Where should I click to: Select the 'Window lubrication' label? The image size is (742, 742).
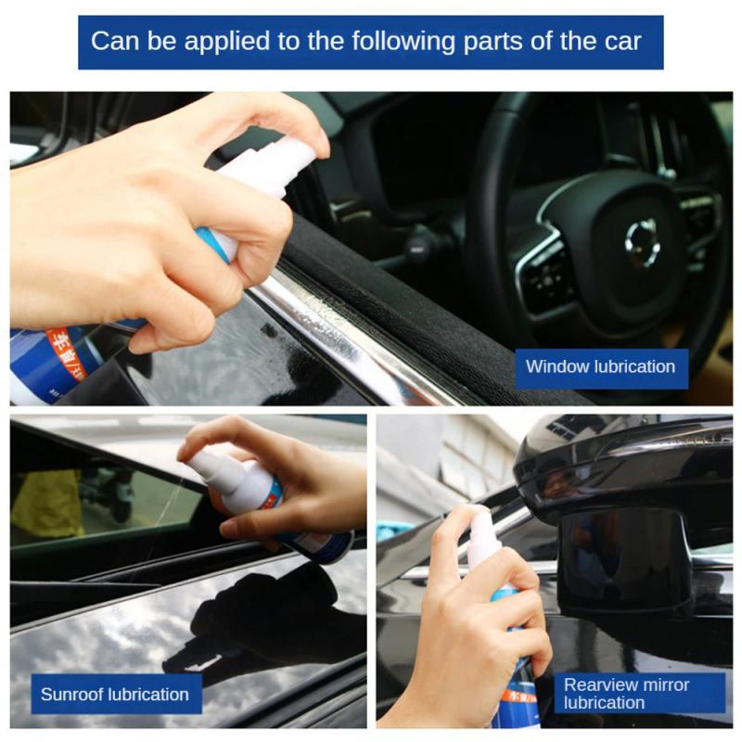coord(600,366)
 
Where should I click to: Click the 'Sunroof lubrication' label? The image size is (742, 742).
coord(114,694)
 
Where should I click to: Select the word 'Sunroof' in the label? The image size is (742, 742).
coord(72,694)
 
